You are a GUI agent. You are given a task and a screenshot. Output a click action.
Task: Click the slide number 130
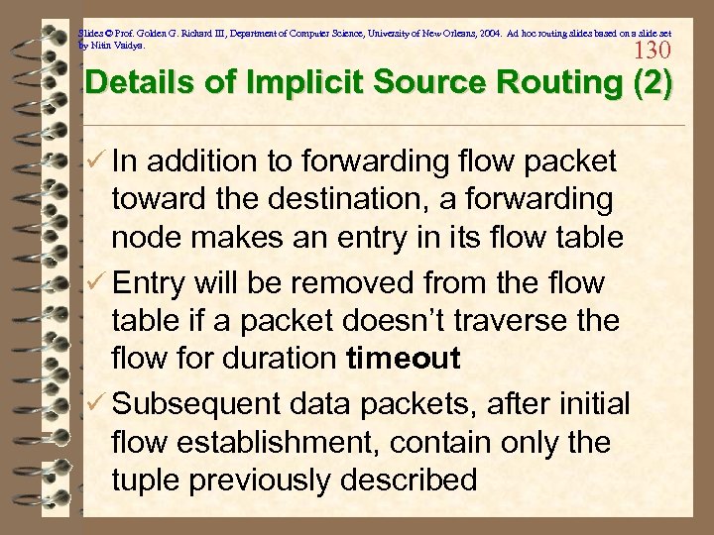coord(652,51)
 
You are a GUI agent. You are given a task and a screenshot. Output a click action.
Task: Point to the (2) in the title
coord(654,82)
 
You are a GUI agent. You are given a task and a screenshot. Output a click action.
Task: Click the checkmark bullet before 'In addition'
coord(94,160)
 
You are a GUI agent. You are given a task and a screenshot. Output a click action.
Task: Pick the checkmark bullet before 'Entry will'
coord(94,283)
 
